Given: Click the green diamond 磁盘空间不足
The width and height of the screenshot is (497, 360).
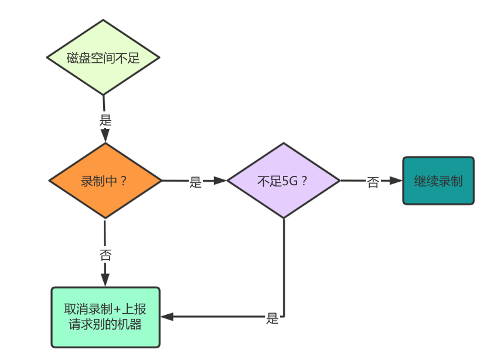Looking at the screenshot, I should [103, 57].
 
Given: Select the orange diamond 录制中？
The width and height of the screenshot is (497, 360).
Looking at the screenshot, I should [104, 181].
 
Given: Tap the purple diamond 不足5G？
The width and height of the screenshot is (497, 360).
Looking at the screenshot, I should [283, 181].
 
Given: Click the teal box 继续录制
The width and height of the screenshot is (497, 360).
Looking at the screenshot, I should [438, 181].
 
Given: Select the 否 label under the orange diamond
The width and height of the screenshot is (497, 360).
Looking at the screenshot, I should [105, 255].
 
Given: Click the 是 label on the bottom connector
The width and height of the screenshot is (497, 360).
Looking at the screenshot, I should [273, 319].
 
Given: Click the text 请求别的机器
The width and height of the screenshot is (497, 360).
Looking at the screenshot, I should [105, 324].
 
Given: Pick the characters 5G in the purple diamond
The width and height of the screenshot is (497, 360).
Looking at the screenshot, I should [290, 181].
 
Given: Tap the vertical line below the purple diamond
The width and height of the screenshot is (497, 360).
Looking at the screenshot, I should [284, 264].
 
